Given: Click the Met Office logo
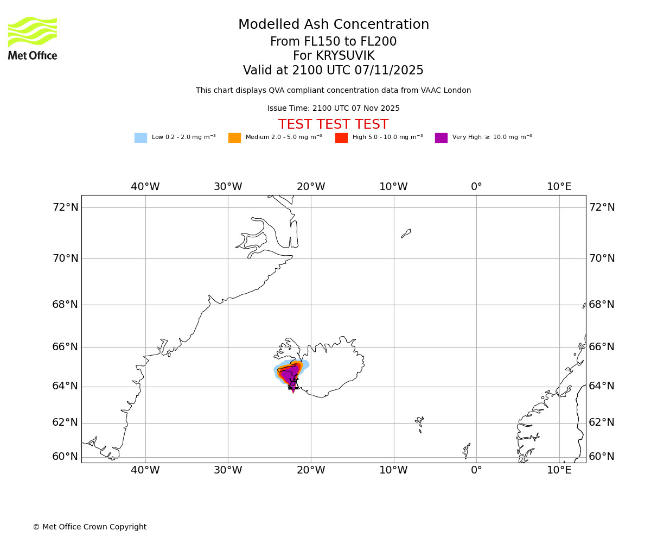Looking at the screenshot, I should pyautogui.click(x=33, y=38).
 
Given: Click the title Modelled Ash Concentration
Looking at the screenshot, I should pyautogui.click(x=333, y=25).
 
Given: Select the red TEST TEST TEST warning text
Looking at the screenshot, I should pyautogui.click(x=333, y=125).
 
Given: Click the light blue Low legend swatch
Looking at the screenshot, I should pyautogui.click(x=141, y=138).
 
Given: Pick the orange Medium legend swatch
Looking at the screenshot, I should pyautogui.click(x=234, y=138).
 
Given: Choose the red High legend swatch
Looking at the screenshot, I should pyautogui.click(x=341, y=138).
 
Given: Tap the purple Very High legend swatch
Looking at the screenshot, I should pyautogui.click(x=441, y=138).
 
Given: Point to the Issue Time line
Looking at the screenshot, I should pyautogui.click(x=333, y=109).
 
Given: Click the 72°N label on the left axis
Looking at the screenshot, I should pyautogui.click(x=65, y=207).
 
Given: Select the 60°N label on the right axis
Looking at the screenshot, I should pyautogui.click(x=602, y=457).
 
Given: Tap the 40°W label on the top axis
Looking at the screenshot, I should pyautogui.click(x=145, y=187).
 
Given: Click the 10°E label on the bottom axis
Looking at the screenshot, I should pyautogui.click(x=559, y=470).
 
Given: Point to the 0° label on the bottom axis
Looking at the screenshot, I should pyautogui.click(x=476, y=470).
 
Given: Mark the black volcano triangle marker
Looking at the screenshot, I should pyautogui.click(x=293, y=384).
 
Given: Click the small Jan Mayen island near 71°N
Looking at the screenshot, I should pyautogui.click(x=406, y=233).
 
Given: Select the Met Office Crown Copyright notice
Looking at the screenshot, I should pyautogui.click(x=90, y=527).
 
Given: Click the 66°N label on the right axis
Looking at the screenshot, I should pyautogui.click(x=602, y=347).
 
